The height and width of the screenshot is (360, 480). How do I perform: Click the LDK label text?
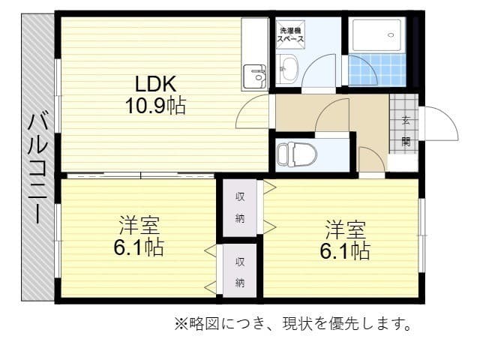click(x=154, y=83)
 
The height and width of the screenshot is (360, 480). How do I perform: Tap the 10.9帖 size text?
click(x=155, y=106)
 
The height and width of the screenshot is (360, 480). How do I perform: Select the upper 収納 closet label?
click(x=241, y=208)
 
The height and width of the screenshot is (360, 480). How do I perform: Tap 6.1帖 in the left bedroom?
click(x=139, y=247)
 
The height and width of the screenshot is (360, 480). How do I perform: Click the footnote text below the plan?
click(x=293, y=325)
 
